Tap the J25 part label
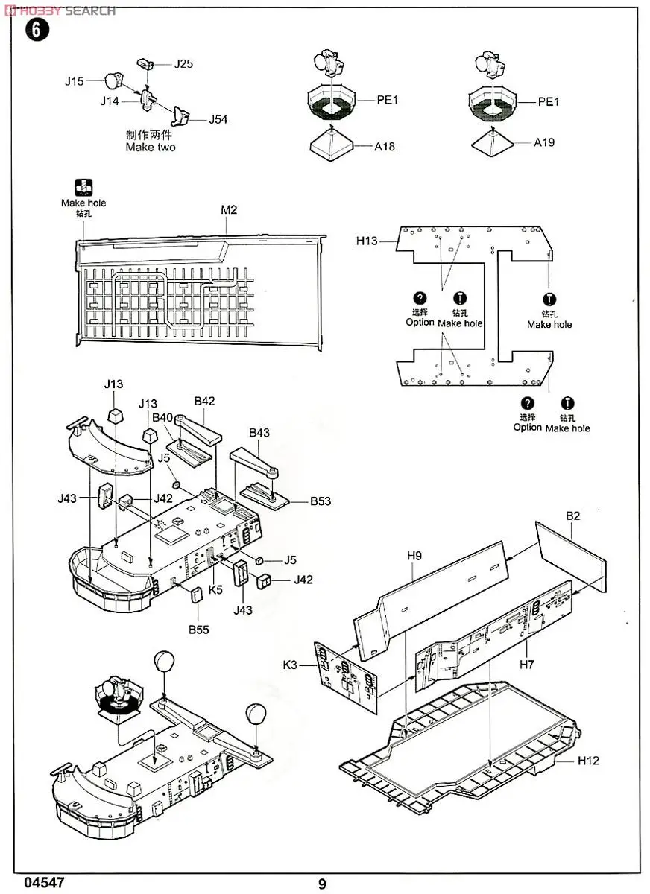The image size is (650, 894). pos(183,64)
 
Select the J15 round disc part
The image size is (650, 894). pos(110,80)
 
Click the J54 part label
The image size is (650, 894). pos(218,119)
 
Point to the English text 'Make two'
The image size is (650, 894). pos(151,148)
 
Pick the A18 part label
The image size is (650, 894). pos(385,147)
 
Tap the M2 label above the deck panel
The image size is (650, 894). pos(229,210)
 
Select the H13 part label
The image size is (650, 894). pos(367,241)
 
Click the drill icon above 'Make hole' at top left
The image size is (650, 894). pos(83,188)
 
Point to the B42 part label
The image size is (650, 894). pos(204,401)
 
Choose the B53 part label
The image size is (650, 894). pos(321,501)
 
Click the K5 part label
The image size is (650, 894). pos(216,589)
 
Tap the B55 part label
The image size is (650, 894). pos(198,630)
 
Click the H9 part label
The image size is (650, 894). pos(415,555)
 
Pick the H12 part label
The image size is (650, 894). pos(588,761)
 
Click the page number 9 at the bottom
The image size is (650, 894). pos(322,884)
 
